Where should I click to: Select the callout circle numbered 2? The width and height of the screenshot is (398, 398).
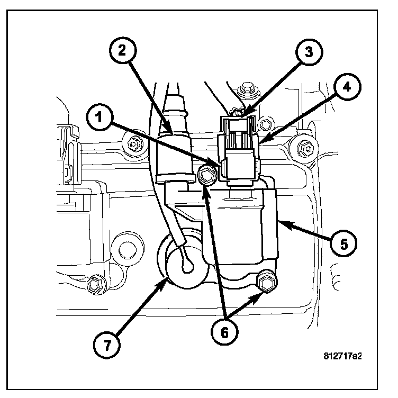(122, 51)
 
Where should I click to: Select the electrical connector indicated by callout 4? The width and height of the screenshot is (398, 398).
(239, 151)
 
